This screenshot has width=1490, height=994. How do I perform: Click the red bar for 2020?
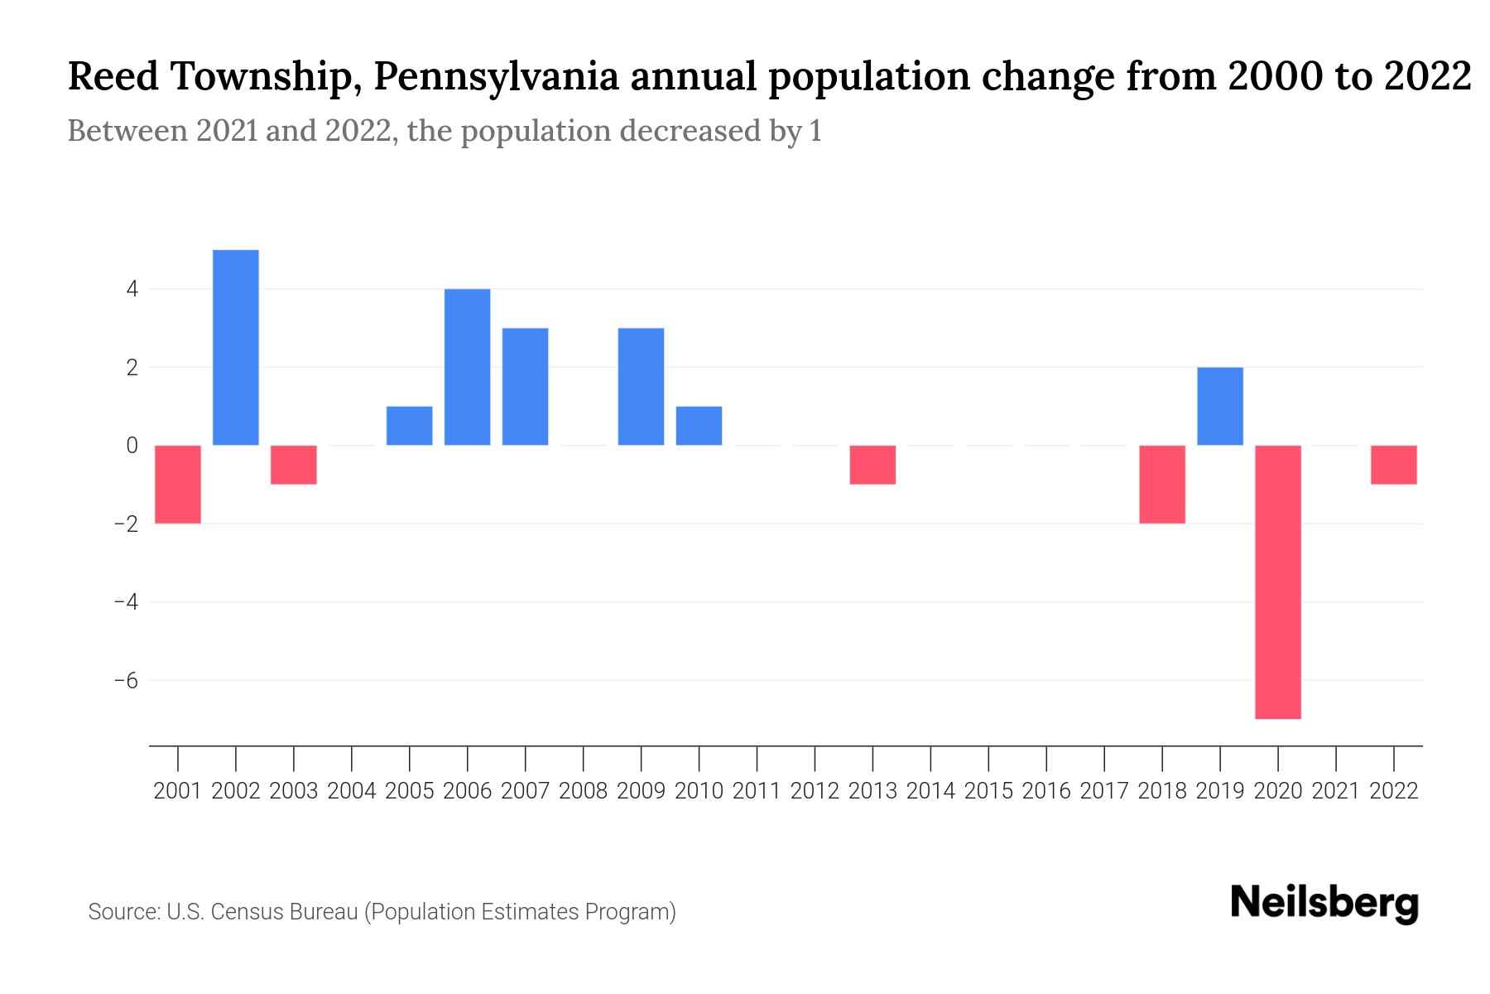(x=1277, y=581)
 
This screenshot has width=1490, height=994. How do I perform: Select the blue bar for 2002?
(x=236, y=348)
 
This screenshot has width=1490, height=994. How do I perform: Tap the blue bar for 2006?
(x=468, y=367)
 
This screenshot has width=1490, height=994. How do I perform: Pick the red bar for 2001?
(x=178, y=485)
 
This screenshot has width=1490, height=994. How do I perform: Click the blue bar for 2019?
(x=1219, y=406)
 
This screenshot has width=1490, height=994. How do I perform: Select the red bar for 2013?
(x=872, y=465)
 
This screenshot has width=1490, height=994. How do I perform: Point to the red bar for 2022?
(x=1393, y=465)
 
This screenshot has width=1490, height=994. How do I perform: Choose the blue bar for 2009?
(x=641, y=387)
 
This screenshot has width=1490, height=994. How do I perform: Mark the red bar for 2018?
(x=1161, y=485)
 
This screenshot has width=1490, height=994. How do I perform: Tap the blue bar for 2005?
(x=410, y=426)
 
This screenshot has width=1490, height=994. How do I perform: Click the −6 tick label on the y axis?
(x=126, y=680)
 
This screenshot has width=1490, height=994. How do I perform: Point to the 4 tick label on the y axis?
(x=132, y=289)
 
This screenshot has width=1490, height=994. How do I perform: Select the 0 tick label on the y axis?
(x=132, y=446)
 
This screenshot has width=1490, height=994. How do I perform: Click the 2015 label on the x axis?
(x=988, y=791)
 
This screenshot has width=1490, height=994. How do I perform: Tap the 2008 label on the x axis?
(x=583, y=791)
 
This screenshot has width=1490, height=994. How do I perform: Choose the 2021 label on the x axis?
(x=1335, y=791)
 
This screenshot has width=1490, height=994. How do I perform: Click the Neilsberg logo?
(x=1324, y=903)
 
